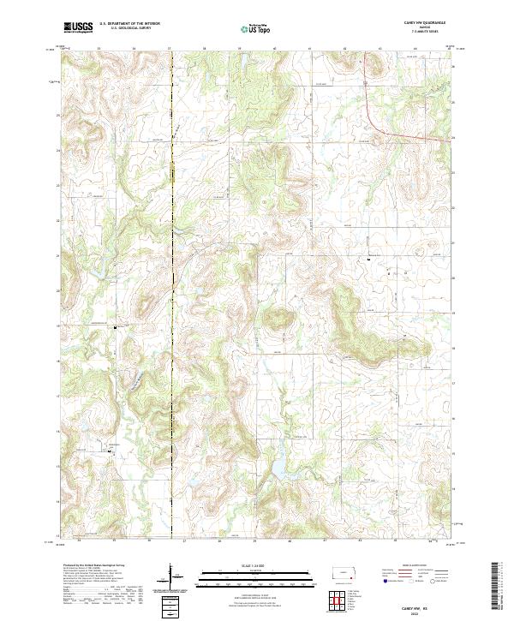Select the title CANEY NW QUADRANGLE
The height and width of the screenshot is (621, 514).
pyautogui.click(x=425, y=24)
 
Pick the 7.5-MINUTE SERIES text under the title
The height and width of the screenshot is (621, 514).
pyautogui.click(x=425, y=34)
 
